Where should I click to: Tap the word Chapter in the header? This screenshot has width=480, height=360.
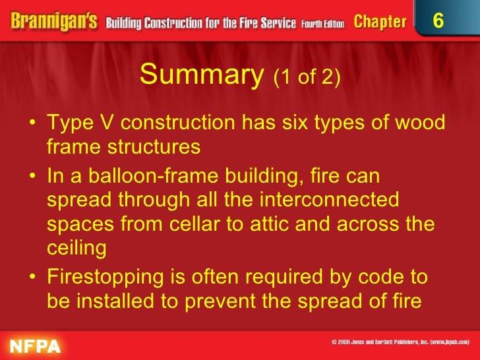point(380,22)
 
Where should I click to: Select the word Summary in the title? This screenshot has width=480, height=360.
point(202,76)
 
